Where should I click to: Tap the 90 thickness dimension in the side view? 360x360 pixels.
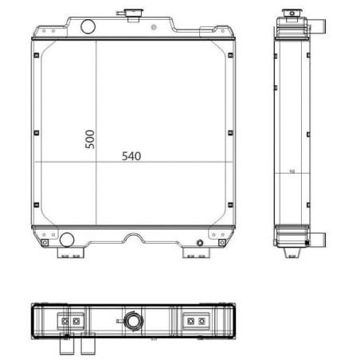pyautogui.click(x=292, y=171)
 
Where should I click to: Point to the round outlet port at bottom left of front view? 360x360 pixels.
pyautogui.click(x=68, y=237)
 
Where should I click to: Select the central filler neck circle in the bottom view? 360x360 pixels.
pyautogui.click(x=131, y=322)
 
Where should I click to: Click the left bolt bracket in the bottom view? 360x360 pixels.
pyautogui.click(x=70, y=321)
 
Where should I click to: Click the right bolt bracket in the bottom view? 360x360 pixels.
pyautogui.click(x=194, y=321)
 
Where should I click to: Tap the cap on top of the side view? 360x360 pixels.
pyautogui.click(x=290, y=16)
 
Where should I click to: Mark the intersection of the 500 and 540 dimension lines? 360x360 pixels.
pyautogui.click(x=96, y=162)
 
